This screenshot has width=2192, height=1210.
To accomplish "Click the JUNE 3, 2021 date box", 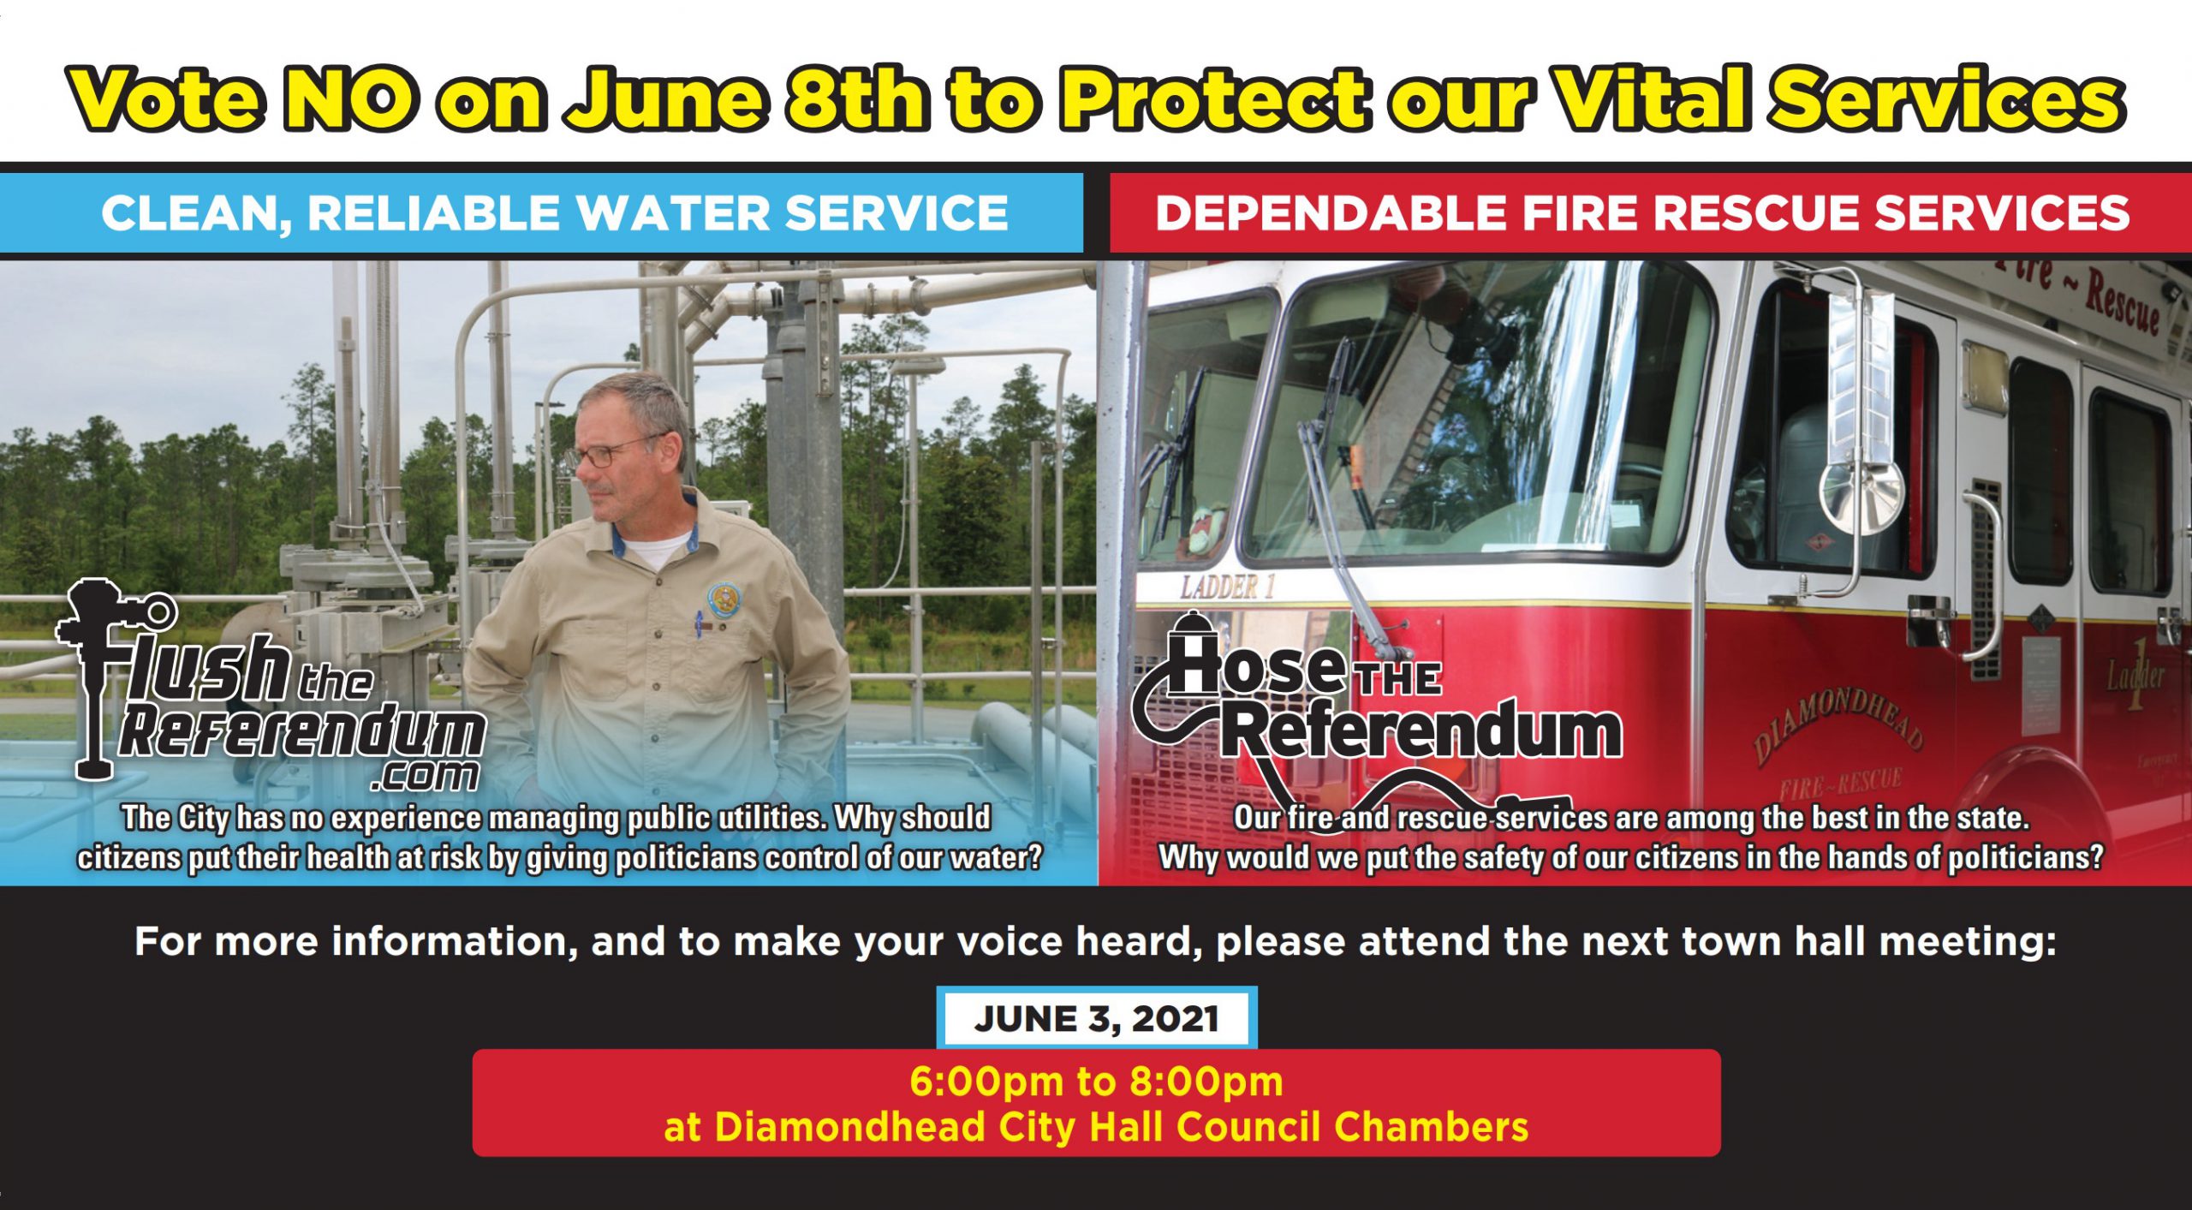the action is [1096, 1017].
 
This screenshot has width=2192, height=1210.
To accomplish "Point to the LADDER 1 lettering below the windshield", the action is [1228, 587].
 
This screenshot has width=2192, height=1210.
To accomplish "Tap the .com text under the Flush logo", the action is [426, 775].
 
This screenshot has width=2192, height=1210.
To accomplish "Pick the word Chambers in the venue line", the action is [1431, 1126].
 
